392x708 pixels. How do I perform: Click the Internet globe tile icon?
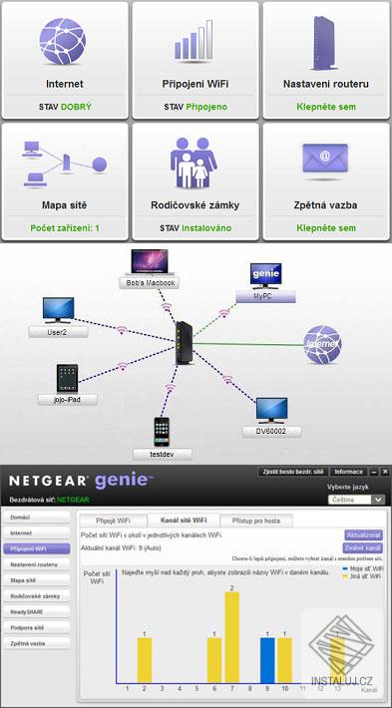(x=64, y=40)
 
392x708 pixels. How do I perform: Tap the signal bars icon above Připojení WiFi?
(x=195, y=40)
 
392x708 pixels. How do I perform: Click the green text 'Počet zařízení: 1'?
(x=64, y=228)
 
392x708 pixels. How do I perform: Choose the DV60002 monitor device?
(x=271, y=409)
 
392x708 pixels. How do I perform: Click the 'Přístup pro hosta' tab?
(x=264, y=520)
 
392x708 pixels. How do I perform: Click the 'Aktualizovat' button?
(x=363, y=534)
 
